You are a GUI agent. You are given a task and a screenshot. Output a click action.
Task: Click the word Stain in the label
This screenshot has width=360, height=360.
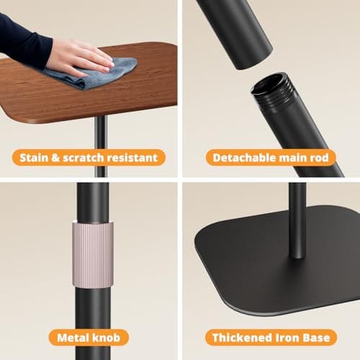[x=34, y=158]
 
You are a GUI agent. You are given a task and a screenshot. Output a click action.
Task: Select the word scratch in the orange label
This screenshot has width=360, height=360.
[x=84, y=158]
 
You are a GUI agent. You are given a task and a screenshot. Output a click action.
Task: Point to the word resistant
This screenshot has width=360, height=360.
[x=132, y=158]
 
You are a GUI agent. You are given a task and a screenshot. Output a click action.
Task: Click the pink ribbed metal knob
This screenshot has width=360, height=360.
[x=93, y=255]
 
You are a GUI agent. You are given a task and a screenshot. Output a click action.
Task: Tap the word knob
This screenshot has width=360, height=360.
[x=106, y=338]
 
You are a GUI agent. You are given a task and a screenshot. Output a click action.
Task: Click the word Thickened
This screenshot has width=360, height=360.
[x=242, y=338]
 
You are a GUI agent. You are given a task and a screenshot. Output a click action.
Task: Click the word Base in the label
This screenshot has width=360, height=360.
[x=316, y=338]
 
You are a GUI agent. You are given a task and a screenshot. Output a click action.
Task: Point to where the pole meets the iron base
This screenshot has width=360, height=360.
[x=297, y=256]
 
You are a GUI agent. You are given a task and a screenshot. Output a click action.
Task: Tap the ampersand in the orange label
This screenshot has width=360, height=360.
[x=55, y=158]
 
